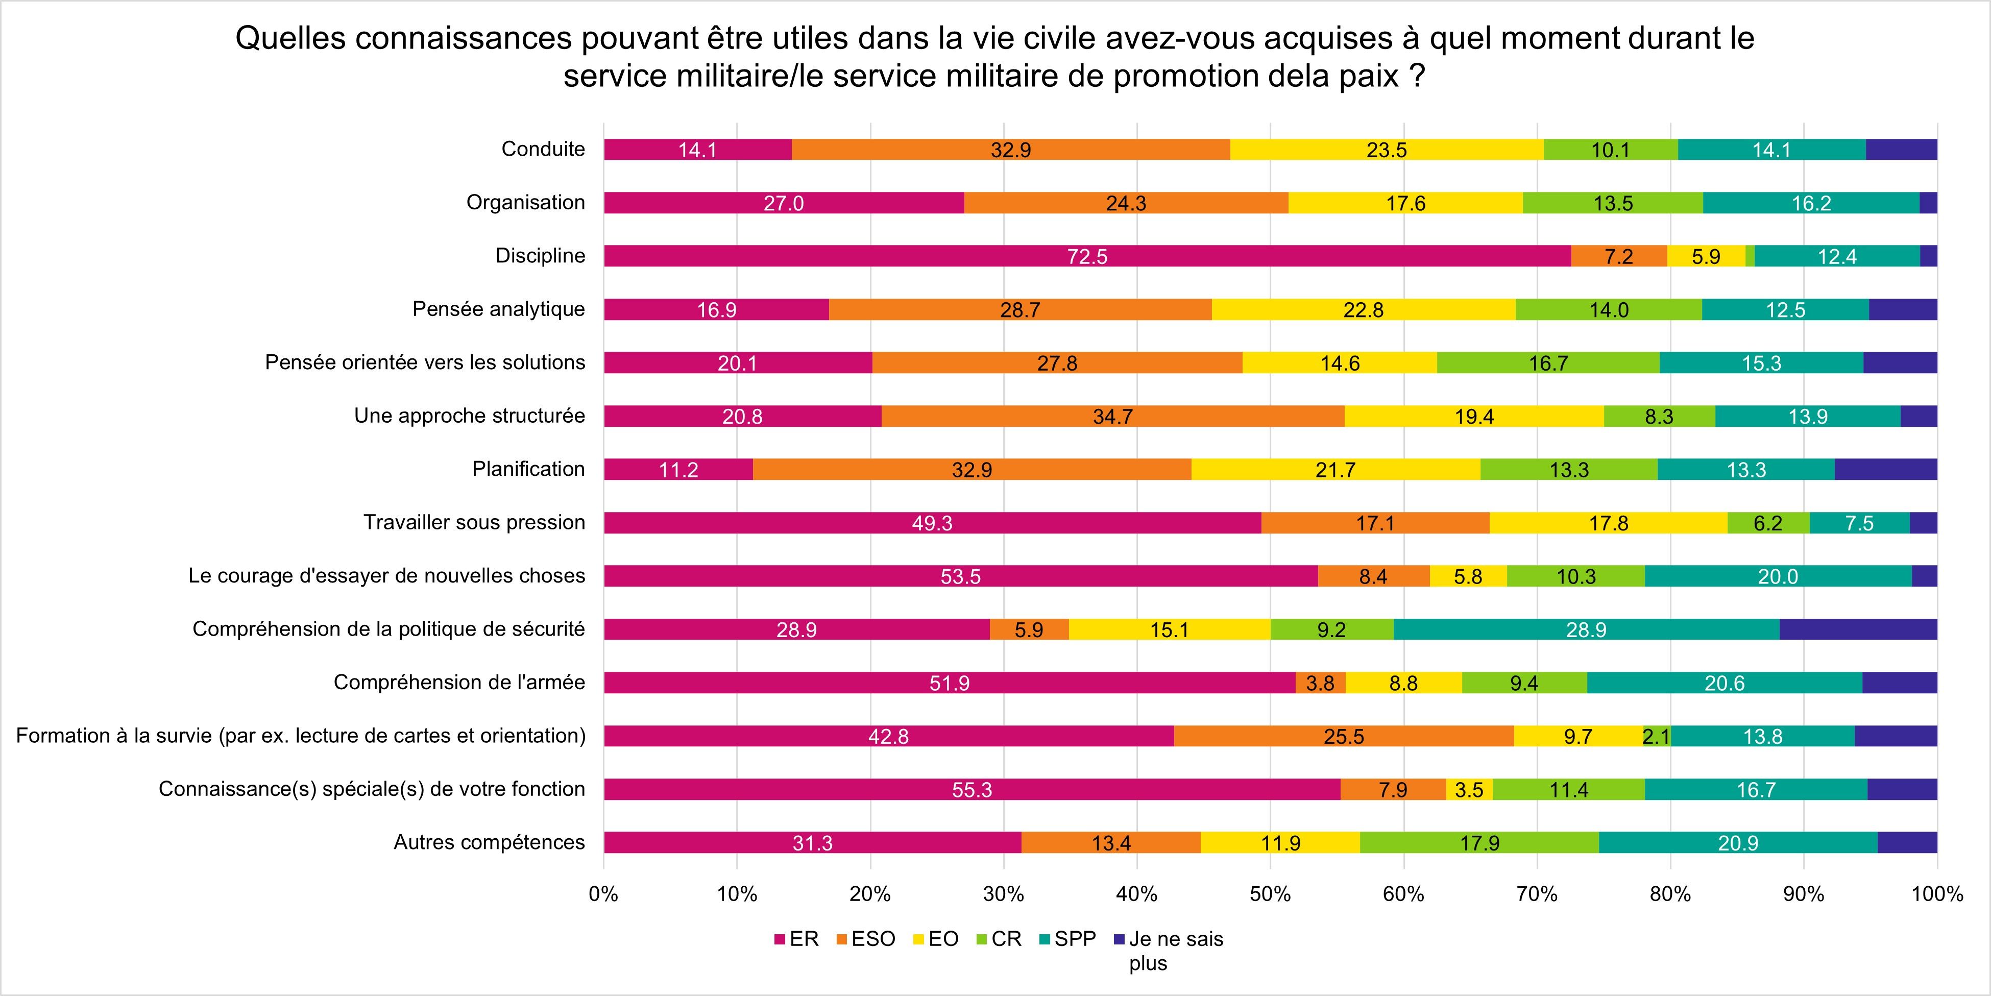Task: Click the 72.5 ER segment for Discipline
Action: (x=1087, y=256)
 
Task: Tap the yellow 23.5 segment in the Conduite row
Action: (x=1387, y=150)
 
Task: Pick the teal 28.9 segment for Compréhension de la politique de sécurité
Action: (x=1586, y=630)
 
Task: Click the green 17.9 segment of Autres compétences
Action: (x=1479, y=843)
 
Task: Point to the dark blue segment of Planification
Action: (x=1886, y=470)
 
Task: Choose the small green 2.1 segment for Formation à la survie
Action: (x=1656, y=736)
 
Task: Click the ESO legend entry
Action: (x=866, y=939)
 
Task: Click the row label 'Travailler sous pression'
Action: (x=474, y=522)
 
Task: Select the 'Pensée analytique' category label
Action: (x=499, y=309)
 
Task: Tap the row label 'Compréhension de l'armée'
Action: (x=459, y=682)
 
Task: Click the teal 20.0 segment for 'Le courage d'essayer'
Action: (x=1778, y=576)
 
